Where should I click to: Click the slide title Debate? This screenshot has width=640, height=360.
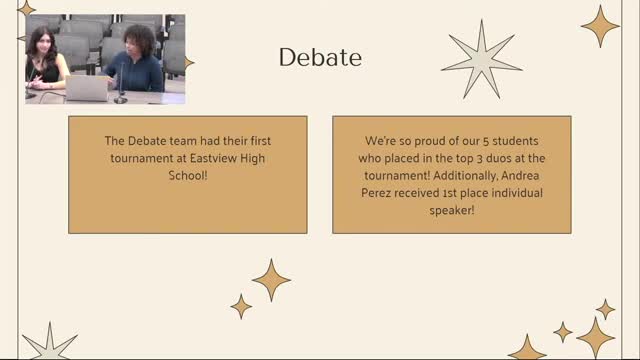[320, 58]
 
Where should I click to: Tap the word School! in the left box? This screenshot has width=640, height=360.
[188, 175]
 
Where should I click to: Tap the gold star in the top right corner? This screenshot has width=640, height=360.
[600, 26]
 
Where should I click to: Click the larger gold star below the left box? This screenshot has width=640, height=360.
[270, 280]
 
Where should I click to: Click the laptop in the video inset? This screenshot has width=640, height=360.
[85, 89]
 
